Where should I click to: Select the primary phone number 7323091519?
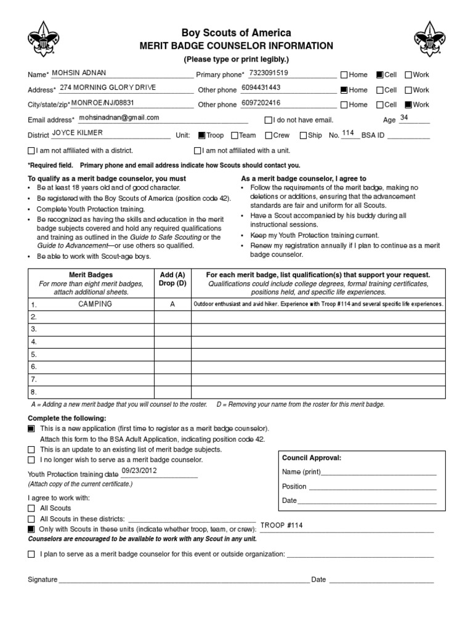click(268, 73)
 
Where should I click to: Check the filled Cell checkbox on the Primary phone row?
click(379, 75)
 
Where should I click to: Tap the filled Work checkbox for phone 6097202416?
click(408, 105)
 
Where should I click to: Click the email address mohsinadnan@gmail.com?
click(119, 117)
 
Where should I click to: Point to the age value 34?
click(404, 117)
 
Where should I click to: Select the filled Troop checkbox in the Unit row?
click(201, 136)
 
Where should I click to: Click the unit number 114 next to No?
click(348, 133)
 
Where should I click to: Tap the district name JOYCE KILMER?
click(78, 132)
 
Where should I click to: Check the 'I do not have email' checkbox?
click(268, 120)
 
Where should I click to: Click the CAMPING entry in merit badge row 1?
click(95, 304)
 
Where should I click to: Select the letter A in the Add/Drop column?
click(172, 304)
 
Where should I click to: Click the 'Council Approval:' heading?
click(311, 458)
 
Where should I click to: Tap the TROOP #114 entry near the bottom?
click(281, 526)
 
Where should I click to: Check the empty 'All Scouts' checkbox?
click(31, 508)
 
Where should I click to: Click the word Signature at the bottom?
click(42, 580)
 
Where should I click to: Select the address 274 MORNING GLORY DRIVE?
click(108, 88)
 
